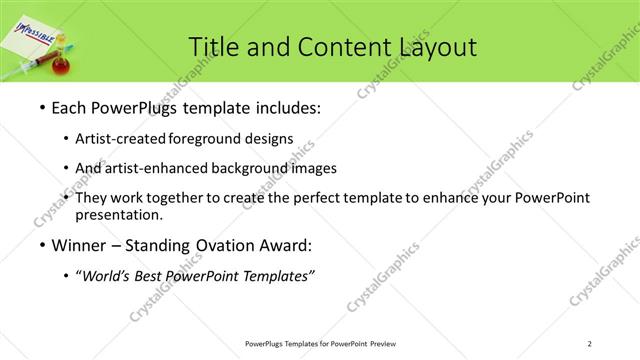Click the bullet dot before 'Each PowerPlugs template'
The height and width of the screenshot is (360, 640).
click(41, 108)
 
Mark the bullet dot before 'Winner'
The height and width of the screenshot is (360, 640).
click(41, 245)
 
